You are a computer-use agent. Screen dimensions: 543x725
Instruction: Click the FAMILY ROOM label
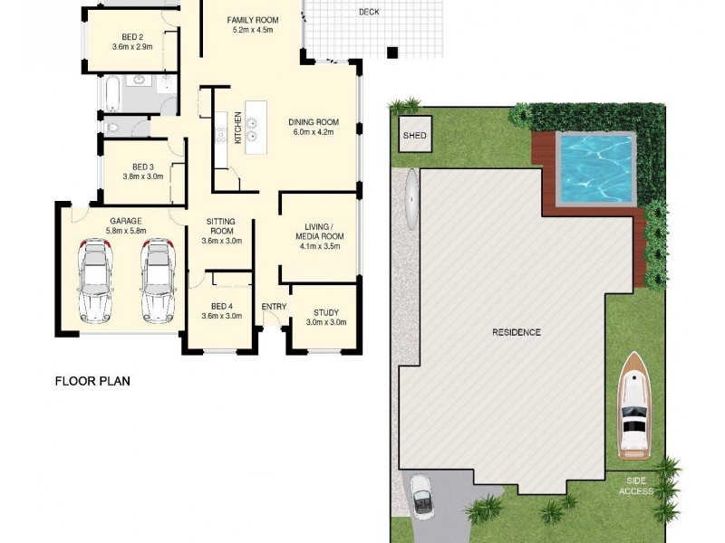252,19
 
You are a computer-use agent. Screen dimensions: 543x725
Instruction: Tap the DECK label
369,12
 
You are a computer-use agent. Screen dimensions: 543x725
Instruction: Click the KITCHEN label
238,128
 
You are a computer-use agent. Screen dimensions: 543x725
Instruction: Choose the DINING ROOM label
314,122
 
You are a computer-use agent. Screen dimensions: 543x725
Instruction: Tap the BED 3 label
143,167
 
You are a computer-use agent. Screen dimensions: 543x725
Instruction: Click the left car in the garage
95,280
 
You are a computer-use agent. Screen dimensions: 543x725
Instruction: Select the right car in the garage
157,280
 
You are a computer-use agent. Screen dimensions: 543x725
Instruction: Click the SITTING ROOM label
220,226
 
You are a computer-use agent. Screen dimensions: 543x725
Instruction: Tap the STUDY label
325,312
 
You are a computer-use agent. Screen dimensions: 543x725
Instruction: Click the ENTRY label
274,307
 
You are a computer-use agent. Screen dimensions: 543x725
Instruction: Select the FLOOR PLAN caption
92,381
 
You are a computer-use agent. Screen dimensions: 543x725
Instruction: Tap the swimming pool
594,168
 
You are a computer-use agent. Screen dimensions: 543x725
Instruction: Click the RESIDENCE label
517,332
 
